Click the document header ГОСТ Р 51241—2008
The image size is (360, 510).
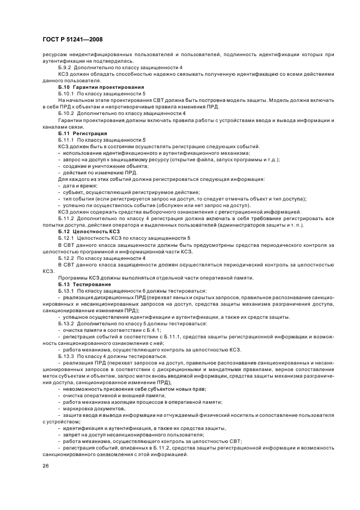(72, 39)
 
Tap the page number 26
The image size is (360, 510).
(45, 466)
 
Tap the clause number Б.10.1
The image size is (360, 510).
(68, 94)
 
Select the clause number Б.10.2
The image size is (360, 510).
(68, 112)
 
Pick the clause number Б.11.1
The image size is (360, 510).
(68, 140)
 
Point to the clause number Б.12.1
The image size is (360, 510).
(68, 238)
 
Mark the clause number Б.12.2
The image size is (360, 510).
(68, 257)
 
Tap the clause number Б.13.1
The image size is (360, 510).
(68, 291)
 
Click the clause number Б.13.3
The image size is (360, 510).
(68, 356)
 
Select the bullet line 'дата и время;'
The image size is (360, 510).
(79, 186)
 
